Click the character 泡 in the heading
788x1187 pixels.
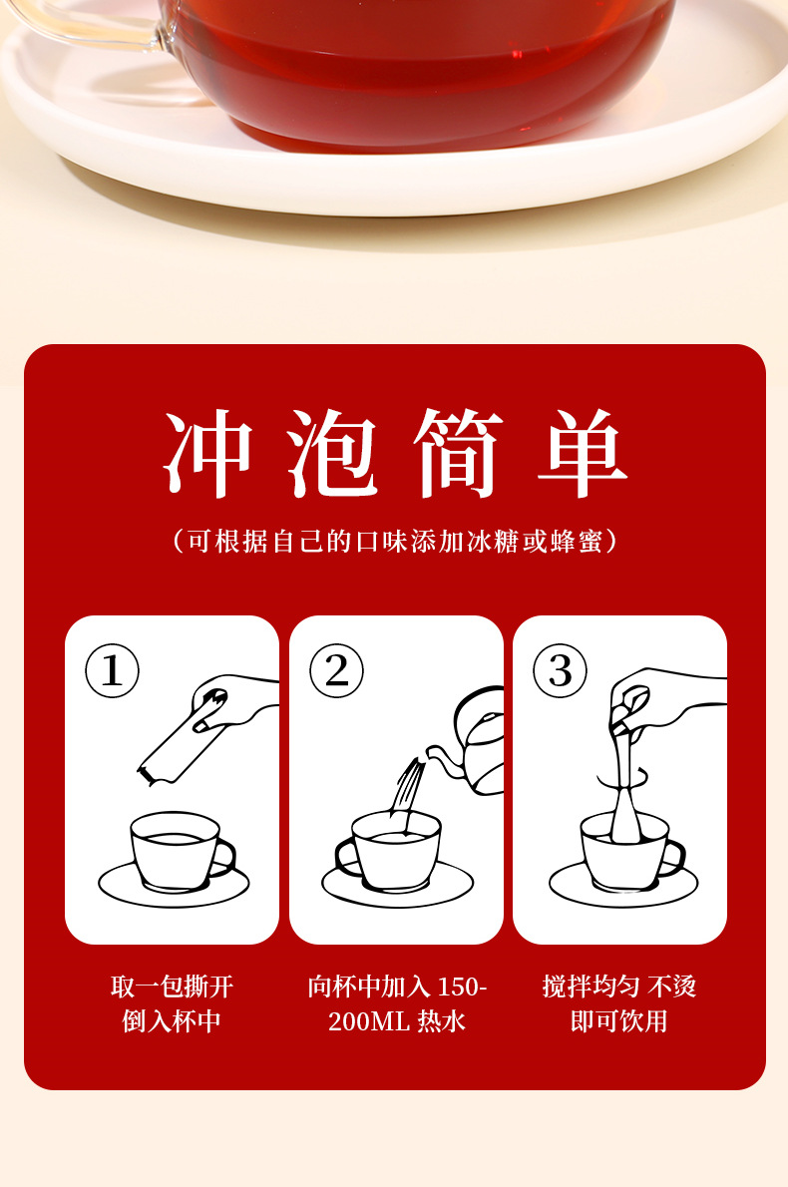point(333,455)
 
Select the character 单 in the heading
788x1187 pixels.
point(583,455)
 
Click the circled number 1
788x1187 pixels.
point(112,670)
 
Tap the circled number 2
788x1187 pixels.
point(336,670)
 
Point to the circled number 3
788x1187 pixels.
point(560,670)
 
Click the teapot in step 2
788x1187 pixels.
point(477,743)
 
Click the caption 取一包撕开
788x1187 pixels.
point(172,987)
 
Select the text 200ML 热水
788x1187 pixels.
point(397,1021)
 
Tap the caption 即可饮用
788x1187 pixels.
point(618,1021)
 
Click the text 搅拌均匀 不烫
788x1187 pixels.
point(618,987)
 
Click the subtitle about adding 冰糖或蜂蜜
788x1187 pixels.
point(395,542)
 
